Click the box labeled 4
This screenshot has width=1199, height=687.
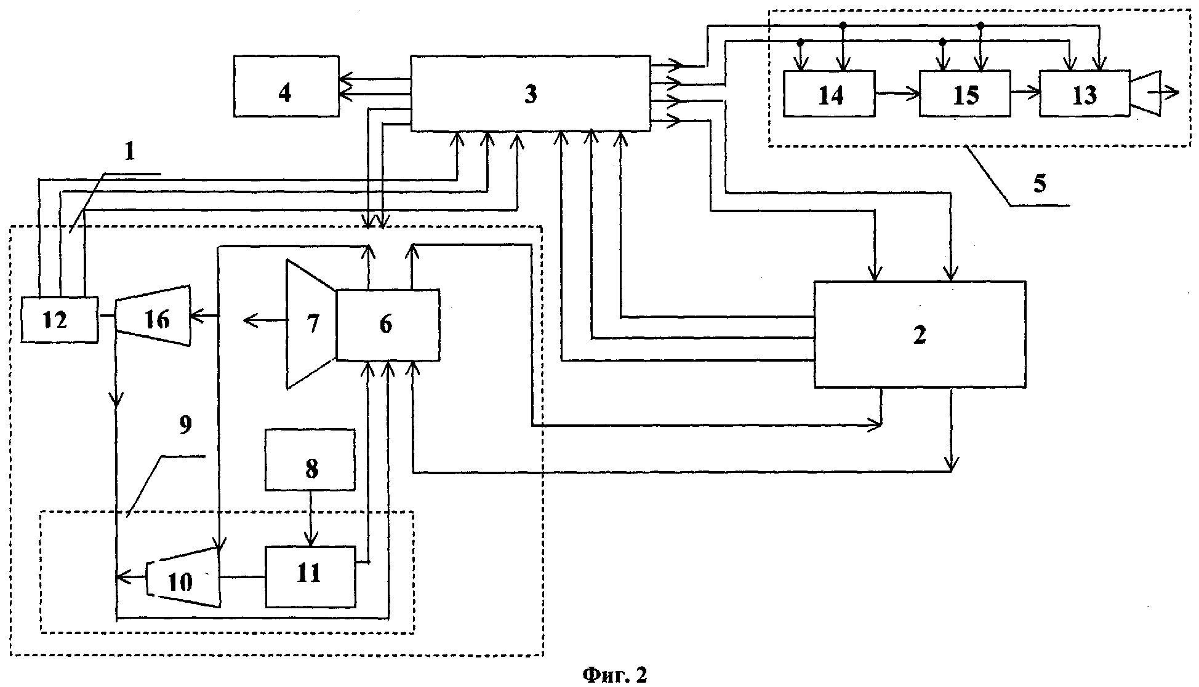[x=286, y=86]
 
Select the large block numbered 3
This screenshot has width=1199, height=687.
[x=531, y=93]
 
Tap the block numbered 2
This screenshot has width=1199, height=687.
[x=920, y=335]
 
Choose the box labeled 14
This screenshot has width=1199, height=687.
[x=830, y=93]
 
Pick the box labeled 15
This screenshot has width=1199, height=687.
[x=964, y=93]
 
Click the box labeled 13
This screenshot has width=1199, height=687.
[x=1085, y=93]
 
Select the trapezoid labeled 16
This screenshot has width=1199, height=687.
[x=154, y=316]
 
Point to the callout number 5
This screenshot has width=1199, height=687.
[x=1040, y=185]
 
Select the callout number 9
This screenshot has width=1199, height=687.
[x=185, y=426]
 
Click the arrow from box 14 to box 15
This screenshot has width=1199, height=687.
[x=897, y=93]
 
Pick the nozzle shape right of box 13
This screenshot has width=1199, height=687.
[x=1145, y=93]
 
